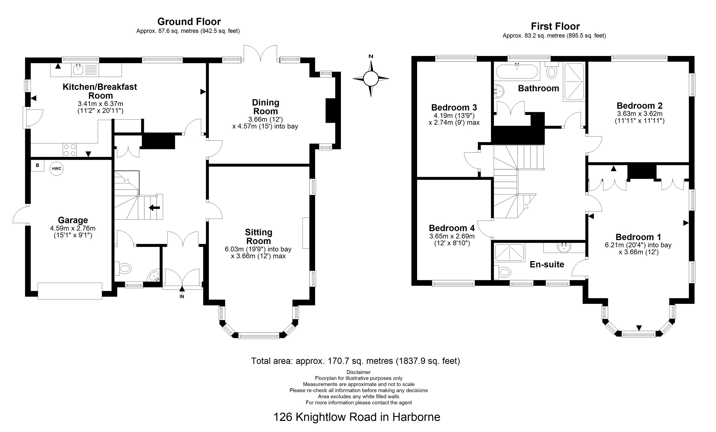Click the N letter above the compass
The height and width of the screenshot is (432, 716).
click(371, 56)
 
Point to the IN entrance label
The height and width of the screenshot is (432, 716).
click(182, 297)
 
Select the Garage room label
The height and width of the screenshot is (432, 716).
click(73, 220)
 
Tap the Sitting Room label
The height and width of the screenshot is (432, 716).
click(258, 236)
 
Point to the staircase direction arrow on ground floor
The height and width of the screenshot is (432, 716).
click(154, 207)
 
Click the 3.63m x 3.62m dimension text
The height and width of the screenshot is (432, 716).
click(640, 114)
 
